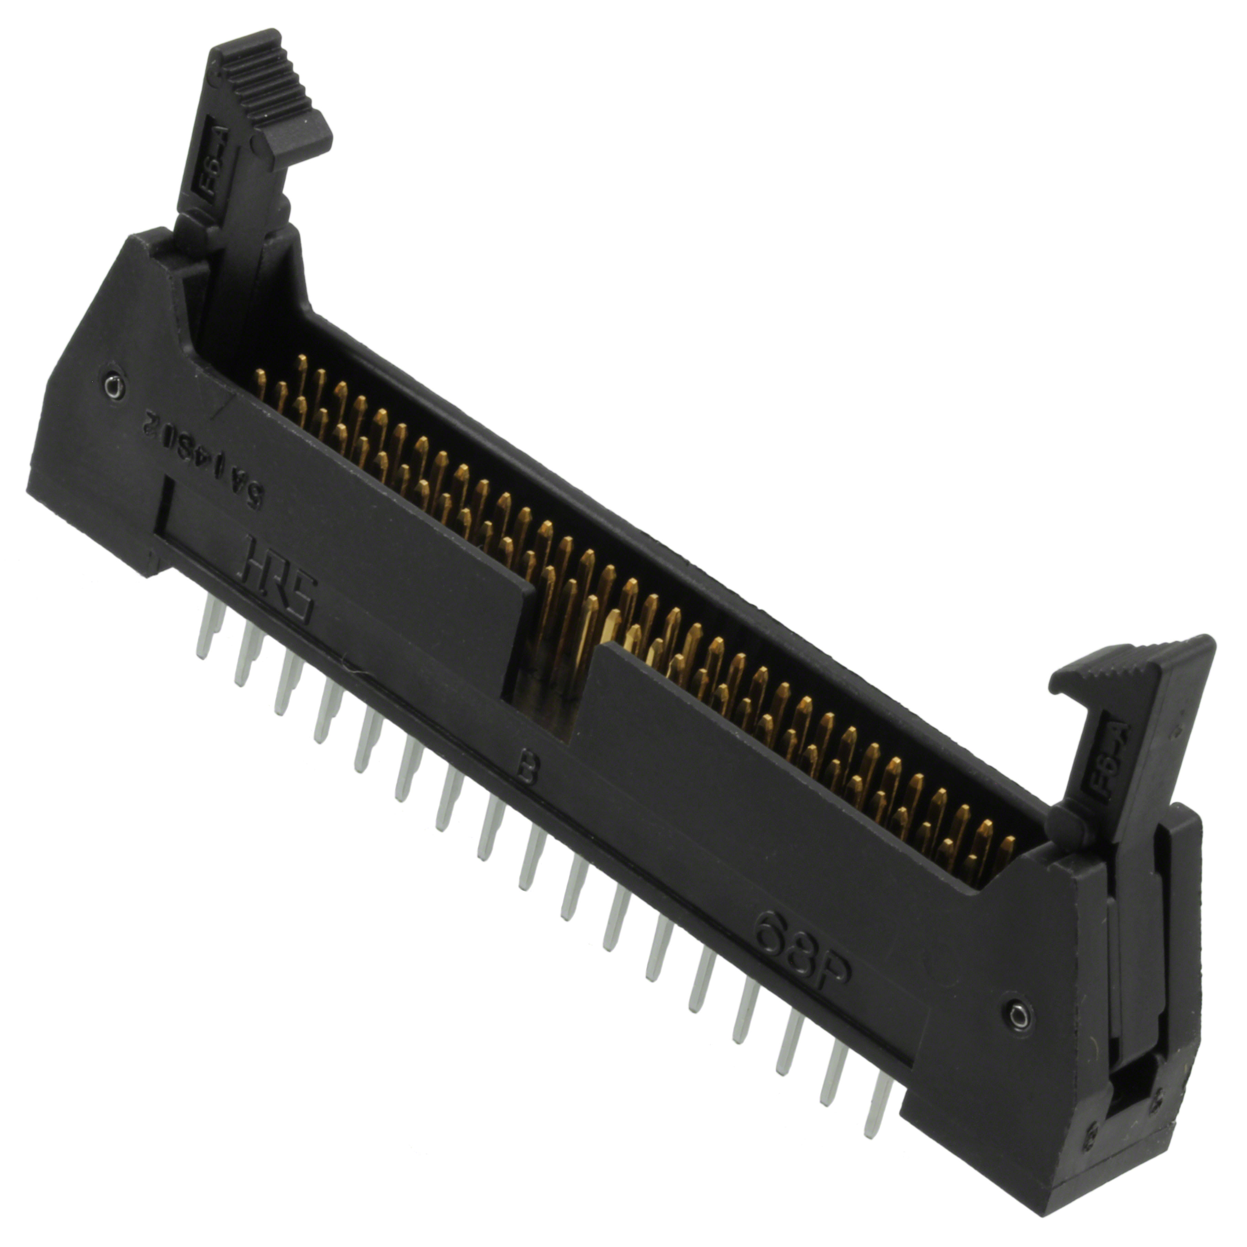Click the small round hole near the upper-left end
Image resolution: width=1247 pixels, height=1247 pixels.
click(x=114, y=388)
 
